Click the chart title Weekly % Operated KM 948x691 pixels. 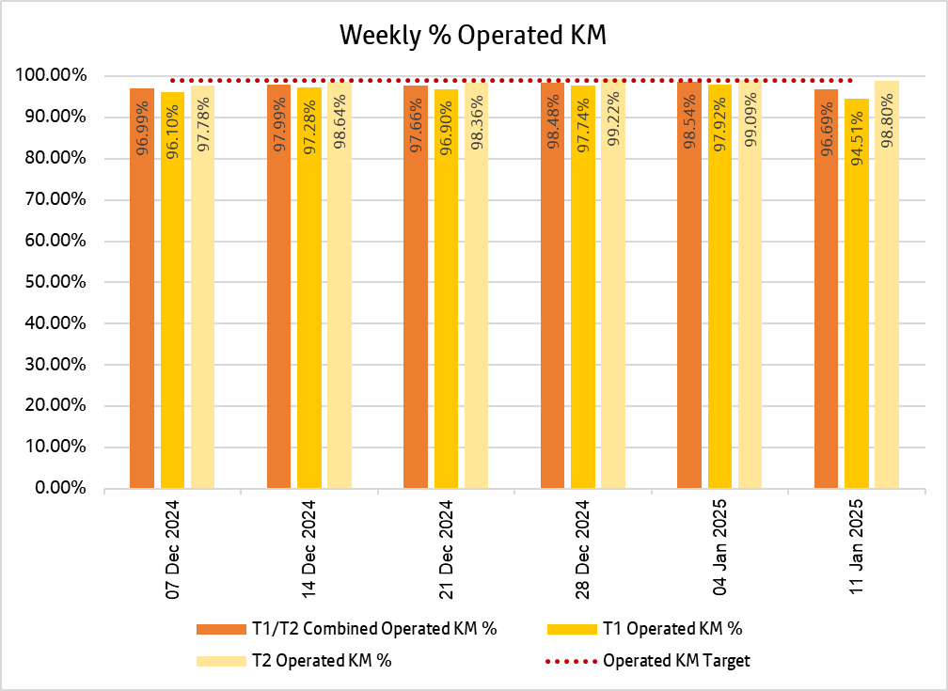pyautogui.click(x=473, y=35)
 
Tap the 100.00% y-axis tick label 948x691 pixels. pyautogui.click(x=51, y=75)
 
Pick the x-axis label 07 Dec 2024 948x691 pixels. pyautogui.click(x=173, y=549)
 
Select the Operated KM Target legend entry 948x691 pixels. pyautogui.click(x=676, y=660)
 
